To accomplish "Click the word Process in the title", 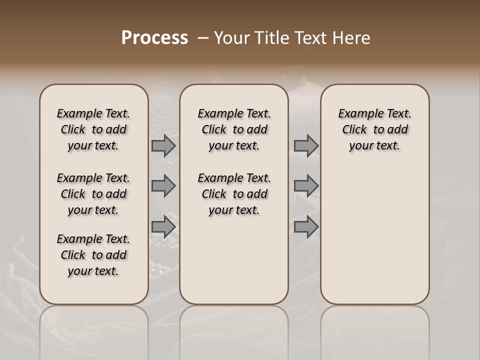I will pos(154,38).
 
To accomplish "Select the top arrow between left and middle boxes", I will pos(163,145).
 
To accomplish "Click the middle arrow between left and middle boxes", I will pos(163,186).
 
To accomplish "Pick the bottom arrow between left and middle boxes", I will pos(163,227).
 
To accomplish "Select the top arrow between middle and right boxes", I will pos(306,145).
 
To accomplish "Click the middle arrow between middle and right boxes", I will pos(306,186).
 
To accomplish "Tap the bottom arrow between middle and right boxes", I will pos(306,227).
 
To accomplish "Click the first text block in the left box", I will pos(93,129).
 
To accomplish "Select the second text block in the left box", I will pos(93,194).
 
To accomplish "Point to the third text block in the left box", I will pos(93,255).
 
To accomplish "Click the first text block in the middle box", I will pos(234,129).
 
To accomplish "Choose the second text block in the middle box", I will pos(234,194).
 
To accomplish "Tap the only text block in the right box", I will pos(375,129).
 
